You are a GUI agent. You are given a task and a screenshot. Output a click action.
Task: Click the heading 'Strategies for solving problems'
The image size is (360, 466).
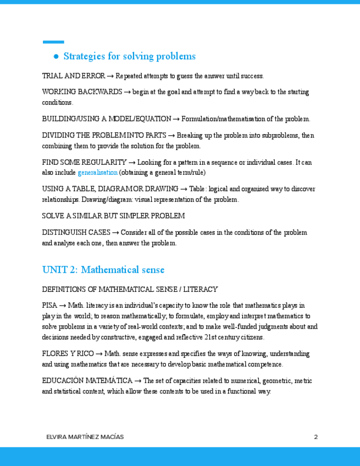pyautogui.click(x=129, y=57)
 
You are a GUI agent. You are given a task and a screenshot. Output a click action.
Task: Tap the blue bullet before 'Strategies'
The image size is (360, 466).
pyautogui.click(x=56, y=57)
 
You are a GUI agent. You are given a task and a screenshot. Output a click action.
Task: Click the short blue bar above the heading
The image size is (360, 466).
pyautogui.click(x=53, y=42)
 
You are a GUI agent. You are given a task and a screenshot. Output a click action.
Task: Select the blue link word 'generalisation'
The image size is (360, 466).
pyautogui.click(x=97, y=173)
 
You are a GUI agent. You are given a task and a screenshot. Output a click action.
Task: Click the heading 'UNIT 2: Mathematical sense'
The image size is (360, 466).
pyautogui.click(x=103, y=270)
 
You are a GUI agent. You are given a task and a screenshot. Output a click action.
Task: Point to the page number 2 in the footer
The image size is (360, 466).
pyautogui.click(x=316, y=437)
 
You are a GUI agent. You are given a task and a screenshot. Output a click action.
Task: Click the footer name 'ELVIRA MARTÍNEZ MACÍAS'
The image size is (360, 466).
pyautogui.click(x=85, y=437)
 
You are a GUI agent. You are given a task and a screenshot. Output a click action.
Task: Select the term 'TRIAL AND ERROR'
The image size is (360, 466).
pyautogui.click(x=73, y=76)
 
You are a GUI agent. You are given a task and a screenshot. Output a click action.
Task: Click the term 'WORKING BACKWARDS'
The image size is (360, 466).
pyautogui.click(x=82, y=92)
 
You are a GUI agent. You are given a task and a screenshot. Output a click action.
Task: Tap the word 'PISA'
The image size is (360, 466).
pyautogui.click(x=49, y=306)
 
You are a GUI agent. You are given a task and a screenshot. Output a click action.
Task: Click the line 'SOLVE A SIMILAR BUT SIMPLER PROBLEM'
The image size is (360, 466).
pyautogui.click(x=113, y=216)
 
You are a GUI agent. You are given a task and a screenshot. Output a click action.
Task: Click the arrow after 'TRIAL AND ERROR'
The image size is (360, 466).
pyautogui.click(x=110, y=76)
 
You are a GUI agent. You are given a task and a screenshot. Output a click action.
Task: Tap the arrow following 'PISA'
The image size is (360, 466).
pyautogui.click(x=63, y=306)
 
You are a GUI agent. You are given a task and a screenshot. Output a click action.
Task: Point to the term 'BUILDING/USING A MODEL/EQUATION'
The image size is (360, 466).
pyautogui.click(x=107, y=119)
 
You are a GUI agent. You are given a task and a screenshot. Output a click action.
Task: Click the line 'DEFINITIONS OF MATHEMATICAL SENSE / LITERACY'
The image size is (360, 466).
pyautogui.click(x=130, y=290)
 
